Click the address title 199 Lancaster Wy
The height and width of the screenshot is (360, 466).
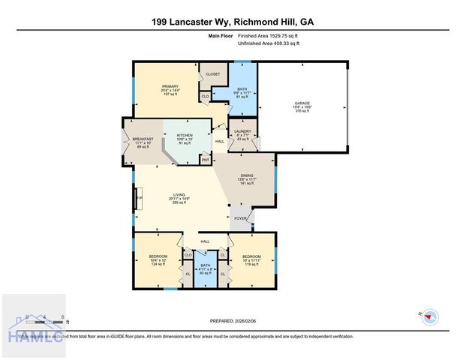coord(233,22)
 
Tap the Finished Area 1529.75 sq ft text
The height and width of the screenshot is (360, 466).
coord(269,35)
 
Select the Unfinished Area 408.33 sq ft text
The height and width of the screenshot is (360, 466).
coord(269,43)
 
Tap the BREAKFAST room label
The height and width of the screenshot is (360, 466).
coord(143,139)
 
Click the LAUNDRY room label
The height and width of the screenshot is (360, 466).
coord(242,132)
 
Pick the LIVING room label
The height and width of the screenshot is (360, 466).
coord(180,196)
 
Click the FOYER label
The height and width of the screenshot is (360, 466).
coord(241,219)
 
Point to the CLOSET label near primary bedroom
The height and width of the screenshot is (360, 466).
coord(212,74)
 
